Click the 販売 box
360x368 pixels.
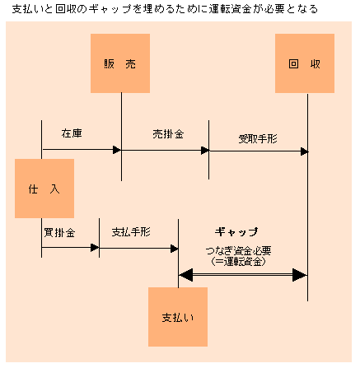(x=120, y=63)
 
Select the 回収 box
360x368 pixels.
(x=305, y=63)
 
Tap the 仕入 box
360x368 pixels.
(x=44, y=189)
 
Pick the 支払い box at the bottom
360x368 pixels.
(x=178, y=317)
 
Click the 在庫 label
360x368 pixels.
(x=72, y=133)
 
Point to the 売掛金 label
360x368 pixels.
(x=168, y=134)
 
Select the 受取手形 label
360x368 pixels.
(x=258, y=139)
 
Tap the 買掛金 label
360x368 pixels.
(x=59, y=233)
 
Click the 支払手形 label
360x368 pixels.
(x=131, y=232)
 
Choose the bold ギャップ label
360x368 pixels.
(x=236, y=232)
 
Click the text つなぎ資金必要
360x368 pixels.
(x=238, y=250)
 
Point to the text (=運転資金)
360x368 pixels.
(x=238, y=262)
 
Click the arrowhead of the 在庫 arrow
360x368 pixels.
(x=117, y=150)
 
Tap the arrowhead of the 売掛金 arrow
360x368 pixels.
(x=205, y=151)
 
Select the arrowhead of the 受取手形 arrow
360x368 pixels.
(x=305, y=151)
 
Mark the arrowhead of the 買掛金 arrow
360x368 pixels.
(x=95, y=248)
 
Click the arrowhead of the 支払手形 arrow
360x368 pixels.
(x=175, y=249)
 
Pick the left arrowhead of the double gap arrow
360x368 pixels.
(x=186, y=275)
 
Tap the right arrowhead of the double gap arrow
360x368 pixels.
(x=300, y=275)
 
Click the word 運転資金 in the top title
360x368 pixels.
(x=230, y=9)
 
